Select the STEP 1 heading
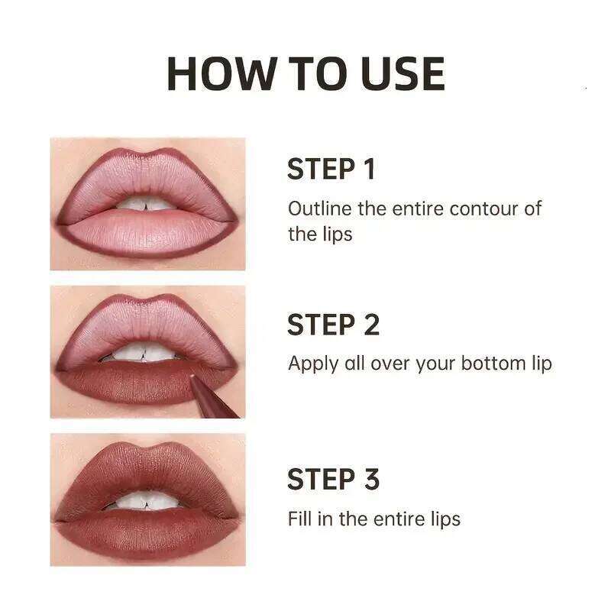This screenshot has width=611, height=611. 331,170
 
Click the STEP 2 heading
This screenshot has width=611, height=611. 333,325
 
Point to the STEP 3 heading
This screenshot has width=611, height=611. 333,480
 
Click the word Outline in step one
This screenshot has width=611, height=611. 313,209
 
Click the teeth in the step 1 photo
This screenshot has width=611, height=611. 147,204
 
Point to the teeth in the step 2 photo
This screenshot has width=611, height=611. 147,353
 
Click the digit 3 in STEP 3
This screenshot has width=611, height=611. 370,480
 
